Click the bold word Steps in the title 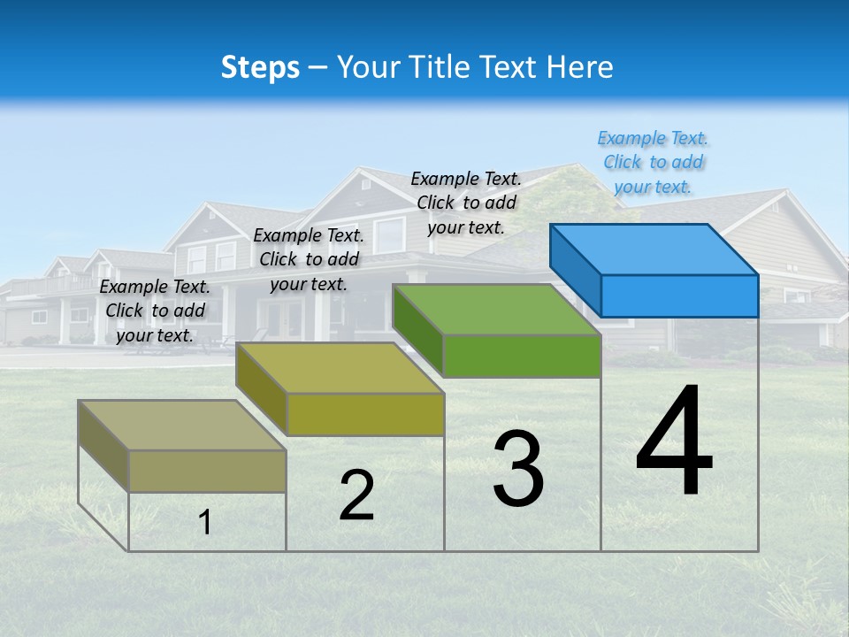click(260, 67)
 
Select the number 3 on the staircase click(518, 469)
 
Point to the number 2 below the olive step click(356, 495)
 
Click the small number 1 click(204, 522)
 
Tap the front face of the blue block click(679, 295)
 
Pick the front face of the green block click(522, 356)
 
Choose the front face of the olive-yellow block click(364, 414)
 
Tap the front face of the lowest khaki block click(207, 471)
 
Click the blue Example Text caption click(653, 163)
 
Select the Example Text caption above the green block click(466, 203)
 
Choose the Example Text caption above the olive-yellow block click(309, 259)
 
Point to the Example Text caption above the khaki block click(155, 311)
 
